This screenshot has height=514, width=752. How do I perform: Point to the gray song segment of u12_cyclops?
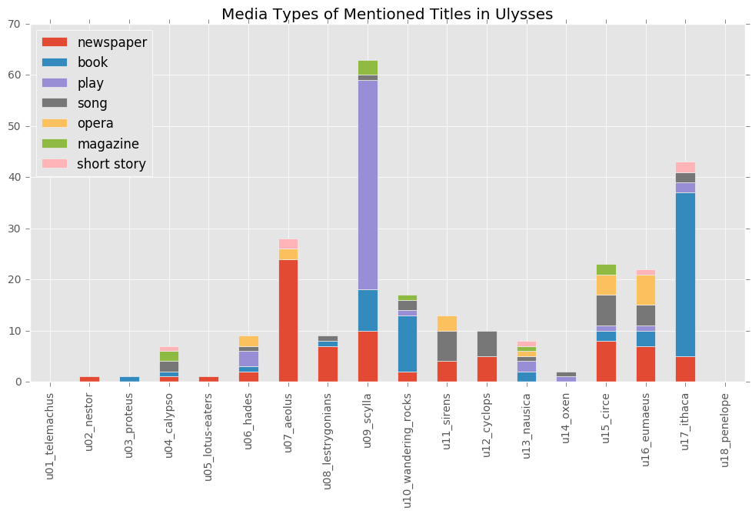click(487, 344)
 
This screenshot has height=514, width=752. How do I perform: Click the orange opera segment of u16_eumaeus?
click(646, 290)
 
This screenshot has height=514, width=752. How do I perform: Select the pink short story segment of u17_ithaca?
click(685, 167)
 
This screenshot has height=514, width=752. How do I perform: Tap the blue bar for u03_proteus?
click(129, 379)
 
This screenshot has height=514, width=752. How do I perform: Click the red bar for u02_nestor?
click(90, 379)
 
